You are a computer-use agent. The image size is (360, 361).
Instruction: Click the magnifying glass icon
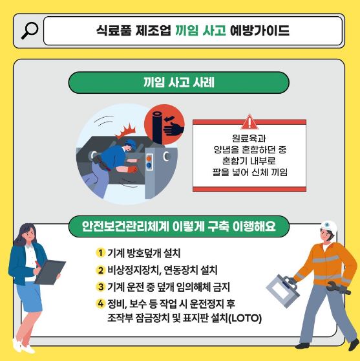coord(30,30)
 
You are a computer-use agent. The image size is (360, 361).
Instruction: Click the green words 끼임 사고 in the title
coord(200,30)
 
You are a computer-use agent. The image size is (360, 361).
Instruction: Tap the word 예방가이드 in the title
coord(259,30)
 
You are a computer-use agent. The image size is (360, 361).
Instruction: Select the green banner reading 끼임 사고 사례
coord(179,82)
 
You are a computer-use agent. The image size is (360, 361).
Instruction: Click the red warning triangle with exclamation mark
coord(249,122)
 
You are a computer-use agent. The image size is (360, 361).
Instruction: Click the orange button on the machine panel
coord(149,159)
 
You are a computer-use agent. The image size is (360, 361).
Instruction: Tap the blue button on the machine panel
coord(149,165)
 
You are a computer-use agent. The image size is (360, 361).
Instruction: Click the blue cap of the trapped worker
coord(131,143)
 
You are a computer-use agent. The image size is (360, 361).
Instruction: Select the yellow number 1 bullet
coord(100,253)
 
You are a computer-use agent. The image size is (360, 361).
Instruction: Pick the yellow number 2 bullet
coord(100,270)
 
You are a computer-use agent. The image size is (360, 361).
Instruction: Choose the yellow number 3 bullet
coord(100,287)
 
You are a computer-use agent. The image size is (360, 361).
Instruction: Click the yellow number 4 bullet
coord(100,303)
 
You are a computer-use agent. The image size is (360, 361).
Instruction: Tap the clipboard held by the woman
coord(50,272)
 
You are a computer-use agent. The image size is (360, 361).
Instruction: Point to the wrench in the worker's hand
coord(339,287)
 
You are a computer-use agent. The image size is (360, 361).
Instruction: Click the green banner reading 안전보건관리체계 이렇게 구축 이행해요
coord(179,226)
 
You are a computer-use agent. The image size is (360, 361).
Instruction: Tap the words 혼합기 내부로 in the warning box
coord(249,160)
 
